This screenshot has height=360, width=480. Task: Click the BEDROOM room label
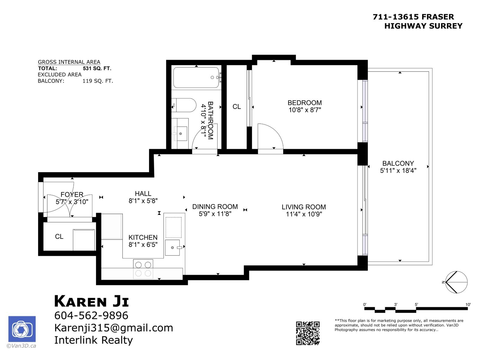[x=304, y=103]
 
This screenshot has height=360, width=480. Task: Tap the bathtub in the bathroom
[x=196, y=77]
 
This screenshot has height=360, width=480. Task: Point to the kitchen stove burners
[x=143, y=269]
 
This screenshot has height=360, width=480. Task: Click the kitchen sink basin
[x=173, y=247]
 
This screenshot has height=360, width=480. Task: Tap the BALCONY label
[x=398, y=163]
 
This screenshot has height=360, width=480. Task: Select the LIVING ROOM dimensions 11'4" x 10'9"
[x=304, y=214]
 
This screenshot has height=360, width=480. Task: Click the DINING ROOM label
[x=215, y=207]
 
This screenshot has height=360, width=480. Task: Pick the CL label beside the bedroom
[x=237, y=107]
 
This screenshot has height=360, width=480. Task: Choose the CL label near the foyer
[x=59, y=237]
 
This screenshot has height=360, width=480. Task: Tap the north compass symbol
[x=456, y=282]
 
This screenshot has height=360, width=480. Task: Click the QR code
[x=307, y=333]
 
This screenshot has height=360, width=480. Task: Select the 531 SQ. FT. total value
[x=97, y=68]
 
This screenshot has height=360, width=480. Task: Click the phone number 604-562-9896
[x=91, y=316]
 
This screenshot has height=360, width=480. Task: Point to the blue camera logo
[x=22, y=329]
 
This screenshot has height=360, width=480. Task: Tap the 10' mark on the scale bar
[x=468, y=304]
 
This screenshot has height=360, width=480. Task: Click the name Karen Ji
[x=91, y=301]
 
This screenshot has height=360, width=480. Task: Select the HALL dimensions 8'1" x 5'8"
[x=143, y=201]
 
